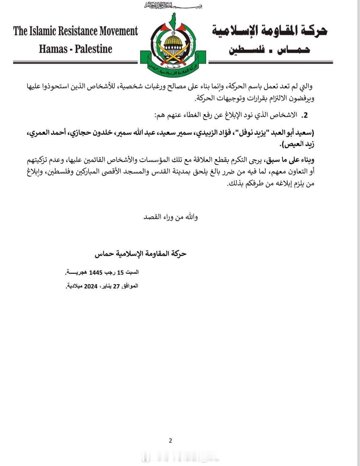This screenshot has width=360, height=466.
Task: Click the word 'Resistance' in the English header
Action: (x=78, y=31)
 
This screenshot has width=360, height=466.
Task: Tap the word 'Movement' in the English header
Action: (x=118, y=31)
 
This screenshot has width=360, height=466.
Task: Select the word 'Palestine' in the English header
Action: (x=93, y=49)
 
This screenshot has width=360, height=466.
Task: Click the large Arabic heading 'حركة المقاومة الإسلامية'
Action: (x=269, y=31)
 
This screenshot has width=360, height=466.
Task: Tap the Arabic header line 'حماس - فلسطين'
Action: (x=269, y=50)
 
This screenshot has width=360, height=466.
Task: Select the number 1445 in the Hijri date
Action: (x=96, y=272)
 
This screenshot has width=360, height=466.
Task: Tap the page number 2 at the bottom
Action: (x=170, y=440)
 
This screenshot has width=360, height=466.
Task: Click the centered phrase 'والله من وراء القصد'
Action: (x=170, y=217)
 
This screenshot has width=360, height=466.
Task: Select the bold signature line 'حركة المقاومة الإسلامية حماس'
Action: (x=140, y=254)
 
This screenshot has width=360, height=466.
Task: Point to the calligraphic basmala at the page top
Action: (x=173, y=5)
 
